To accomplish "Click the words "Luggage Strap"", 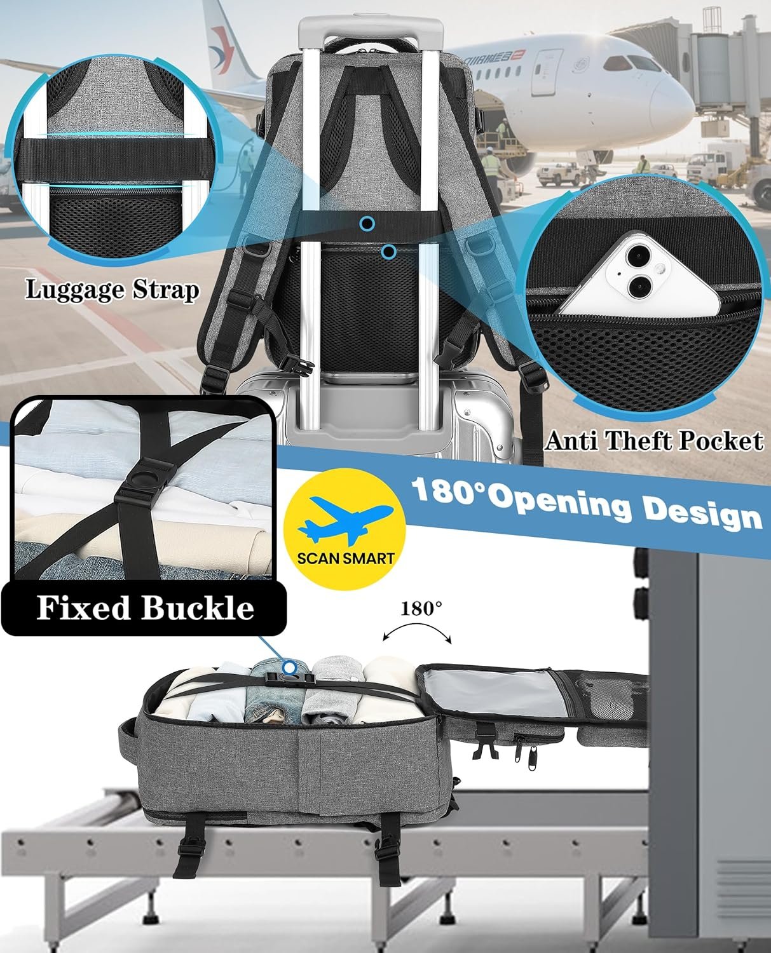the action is (x=112, y=290).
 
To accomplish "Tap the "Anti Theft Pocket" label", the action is (x=654, y=441).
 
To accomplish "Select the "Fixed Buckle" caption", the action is (x=145, y=608).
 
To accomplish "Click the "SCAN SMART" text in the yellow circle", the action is (x=345, y=558).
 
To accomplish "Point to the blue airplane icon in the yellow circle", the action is (x=345, y=520).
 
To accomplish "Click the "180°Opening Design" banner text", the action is (x=587, y=503).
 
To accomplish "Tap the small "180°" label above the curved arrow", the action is (x=421, y=608).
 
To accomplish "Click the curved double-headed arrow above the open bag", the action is (x=417, y=627).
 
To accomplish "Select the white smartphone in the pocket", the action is (x=639, y=274).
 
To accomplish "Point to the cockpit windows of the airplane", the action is (x=632, y=63).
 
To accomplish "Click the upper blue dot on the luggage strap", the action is (x=367, y=224).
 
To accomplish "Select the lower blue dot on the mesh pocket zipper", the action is (x=389, y=252).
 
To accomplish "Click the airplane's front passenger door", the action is (x=547, y=72).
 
